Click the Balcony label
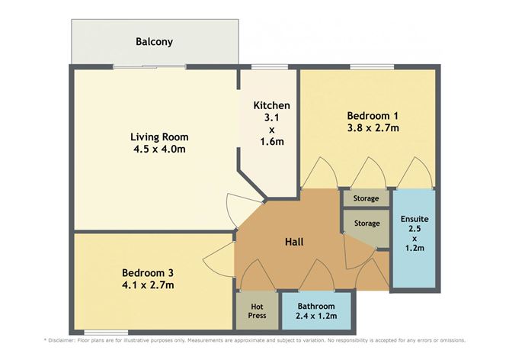pyautogui.click(x=154, y=42)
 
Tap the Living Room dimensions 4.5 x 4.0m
pyautogui.click(x=159, y=149)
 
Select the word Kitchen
pyautogui.click(x=272, y=105)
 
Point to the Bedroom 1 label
pyautogui.click(x=373, y=116)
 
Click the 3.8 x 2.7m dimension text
pyautogui.click(x=373, y=127)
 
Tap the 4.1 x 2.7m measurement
pyautogui.click(x=148, y=285)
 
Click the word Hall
pyautogui.click(x=294, y=242)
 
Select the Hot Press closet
pyautogui.click(x=257, y=311)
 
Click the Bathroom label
pyautogui.click(x=316, y=306)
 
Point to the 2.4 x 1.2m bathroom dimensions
pyautogui.click(x=316, y=316)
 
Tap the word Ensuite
pyautogui.click(x=415, y=219)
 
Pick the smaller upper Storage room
pyautogui.click(x=367, y=198)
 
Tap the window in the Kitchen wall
pyautogui.click(x=270, y=67)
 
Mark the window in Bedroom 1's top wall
pyautogui.click(x=372, y=67)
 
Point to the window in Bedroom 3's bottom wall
pyautogui.click(x=106, y=333)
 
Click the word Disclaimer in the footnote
pyautogui.click(x=62, y=340)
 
